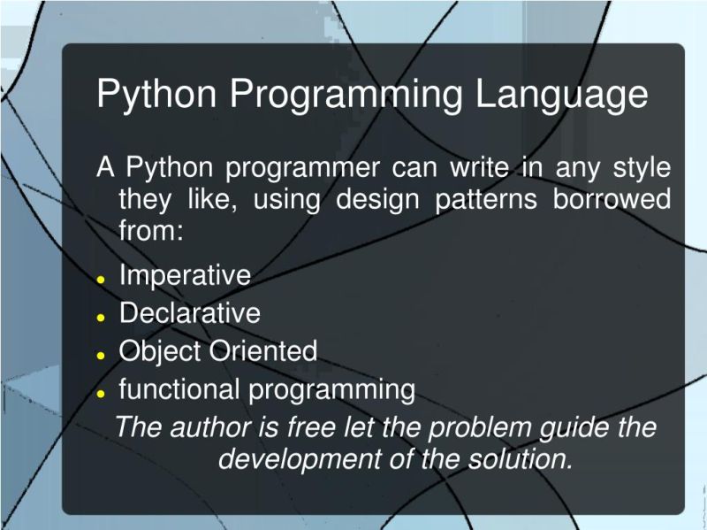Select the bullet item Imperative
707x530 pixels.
(185, 275)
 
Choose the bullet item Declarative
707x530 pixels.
(190, 313)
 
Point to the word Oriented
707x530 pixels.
(262, 351)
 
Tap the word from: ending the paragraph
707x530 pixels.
(151, 231)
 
